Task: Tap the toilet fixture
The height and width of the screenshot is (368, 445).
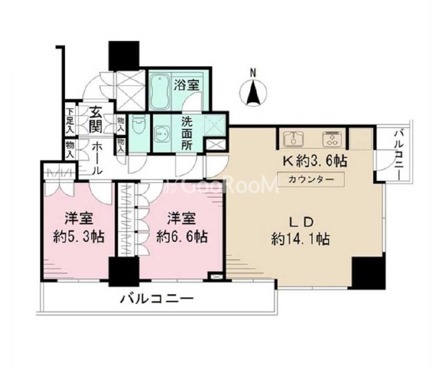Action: (x=138, y=125)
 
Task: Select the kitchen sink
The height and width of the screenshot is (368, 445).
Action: (x=293, y=138)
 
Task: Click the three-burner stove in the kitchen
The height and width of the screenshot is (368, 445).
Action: (x=331, y=138)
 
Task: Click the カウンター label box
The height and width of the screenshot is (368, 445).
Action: (x=311, y=180)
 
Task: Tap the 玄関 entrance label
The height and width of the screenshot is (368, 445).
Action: (x=96, y=119)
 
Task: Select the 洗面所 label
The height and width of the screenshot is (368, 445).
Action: (x=187, y=133)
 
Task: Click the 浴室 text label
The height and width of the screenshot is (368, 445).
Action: (x=187, y=85)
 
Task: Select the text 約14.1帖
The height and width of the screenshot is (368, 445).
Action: (x=301, y=240)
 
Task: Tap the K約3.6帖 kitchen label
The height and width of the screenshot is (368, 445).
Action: (x=314, y=162)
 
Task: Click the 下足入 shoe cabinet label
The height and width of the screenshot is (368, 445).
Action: (x=70, y=121)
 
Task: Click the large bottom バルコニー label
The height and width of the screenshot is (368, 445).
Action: (x=157, y=298)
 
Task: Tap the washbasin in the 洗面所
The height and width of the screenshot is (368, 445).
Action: (x=162, y=133)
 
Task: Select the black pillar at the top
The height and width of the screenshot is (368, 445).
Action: (x=124, y=56)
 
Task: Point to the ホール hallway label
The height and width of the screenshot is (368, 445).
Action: (x=97, y=158)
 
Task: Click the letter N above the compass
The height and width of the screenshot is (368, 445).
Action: (x=253, y=72)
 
